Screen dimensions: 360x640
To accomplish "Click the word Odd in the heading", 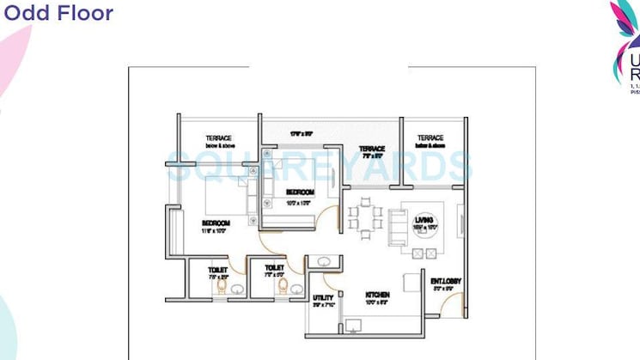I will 24,14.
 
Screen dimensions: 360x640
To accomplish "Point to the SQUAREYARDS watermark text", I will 319,167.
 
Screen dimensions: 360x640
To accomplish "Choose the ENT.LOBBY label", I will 446,280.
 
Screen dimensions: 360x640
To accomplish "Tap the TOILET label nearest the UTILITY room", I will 274,269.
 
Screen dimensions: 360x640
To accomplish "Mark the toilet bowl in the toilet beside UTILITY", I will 295,290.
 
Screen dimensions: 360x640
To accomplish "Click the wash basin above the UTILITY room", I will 324,261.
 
